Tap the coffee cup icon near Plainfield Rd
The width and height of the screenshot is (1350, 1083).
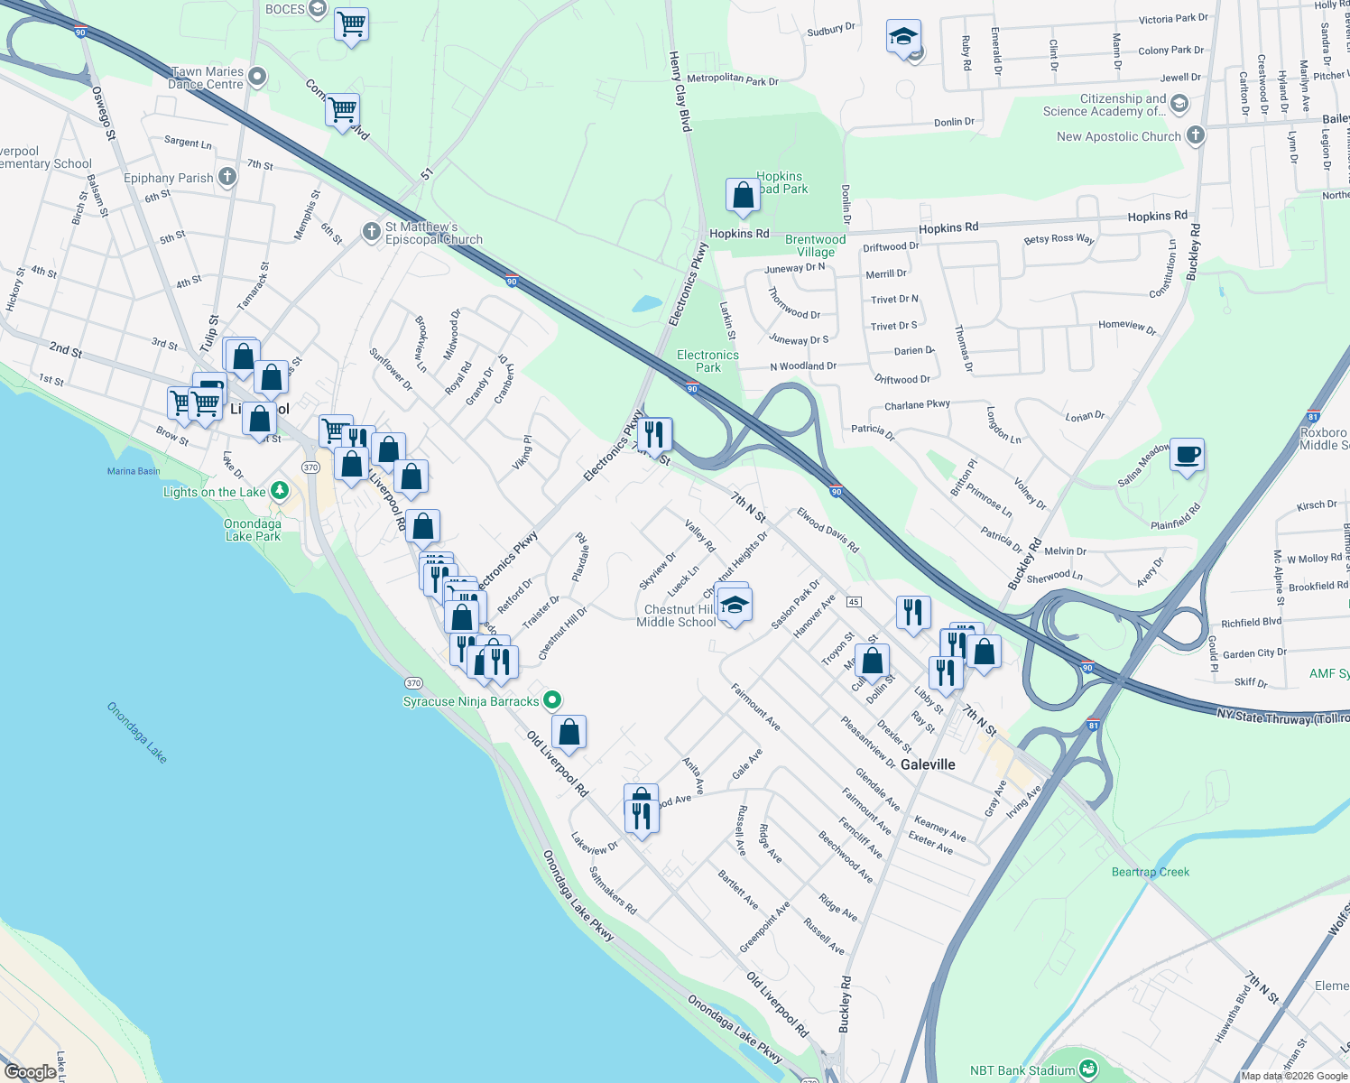1187,455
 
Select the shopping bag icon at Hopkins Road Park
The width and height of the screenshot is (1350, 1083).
743,195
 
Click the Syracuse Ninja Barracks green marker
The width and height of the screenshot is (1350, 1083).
553,700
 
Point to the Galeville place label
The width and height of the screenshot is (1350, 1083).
928,764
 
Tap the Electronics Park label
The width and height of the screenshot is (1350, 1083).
707,361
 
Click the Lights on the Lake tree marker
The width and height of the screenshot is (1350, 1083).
280,491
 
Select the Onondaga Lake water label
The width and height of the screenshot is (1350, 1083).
137,732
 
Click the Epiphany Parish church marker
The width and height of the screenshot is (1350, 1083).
227,177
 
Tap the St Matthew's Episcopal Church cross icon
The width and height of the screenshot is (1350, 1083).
371,232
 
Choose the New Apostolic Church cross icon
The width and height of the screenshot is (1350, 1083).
1195,136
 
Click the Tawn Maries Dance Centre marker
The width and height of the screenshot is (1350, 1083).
257,78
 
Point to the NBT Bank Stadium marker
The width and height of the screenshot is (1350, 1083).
1087,1070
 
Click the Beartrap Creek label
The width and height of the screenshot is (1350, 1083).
1150,872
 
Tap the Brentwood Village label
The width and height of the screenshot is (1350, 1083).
815,245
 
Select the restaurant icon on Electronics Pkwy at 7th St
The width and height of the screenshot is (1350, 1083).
654,434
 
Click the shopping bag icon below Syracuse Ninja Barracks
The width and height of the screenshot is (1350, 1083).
569,733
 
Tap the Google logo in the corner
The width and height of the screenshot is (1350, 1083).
30,1071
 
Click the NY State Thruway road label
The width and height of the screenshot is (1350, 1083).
1281,718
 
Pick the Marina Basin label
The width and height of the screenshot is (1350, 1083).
134,471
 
